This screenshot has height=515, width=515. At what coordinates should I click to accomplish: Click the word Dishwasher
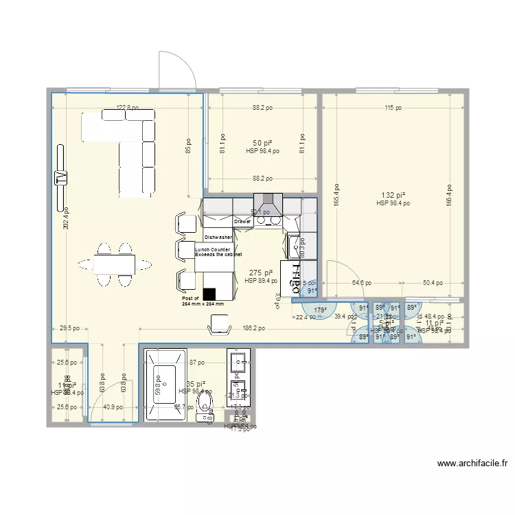pos(217,236)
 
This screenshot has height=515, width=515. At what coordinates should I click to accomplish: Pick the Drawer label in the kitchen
pos(242,222)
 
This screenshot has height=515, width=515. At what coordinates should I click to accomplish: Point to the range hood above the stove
pos(268,206)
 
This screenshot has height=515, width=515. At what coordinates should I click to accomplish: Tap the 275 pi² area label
pos(261,273)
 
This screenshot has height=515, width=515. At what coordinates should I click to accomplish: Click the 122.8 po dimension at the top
pos(127,107)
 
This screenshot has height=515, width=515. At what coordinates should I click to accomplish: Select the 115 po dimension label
pos(393,107)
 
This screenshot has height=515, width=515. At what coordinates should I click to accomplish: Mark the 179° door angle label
pos(320,310)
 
